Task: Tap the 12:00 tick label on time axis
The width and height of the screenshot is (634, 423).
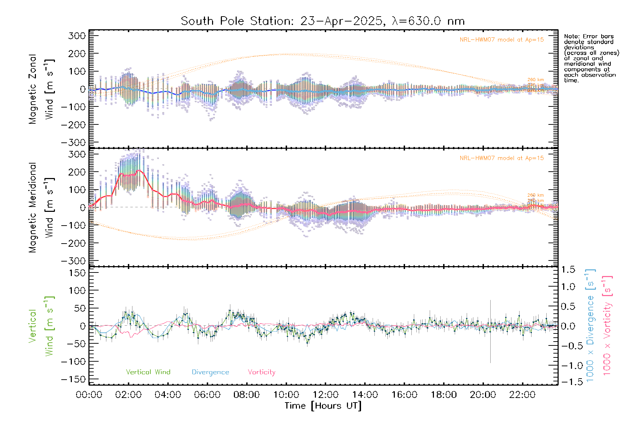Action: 325,395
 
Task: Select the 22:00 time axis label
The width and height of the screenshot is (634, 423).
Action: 522,395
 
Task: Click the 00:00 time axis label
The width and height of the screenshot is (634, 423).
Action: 89,395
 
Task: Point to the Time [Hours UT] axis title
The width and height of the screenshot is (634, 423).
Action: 323,406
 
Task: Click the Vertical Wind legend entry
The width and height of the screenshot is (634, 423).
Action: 148,372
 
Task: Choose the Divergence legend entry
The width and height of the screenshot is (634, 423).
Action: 210,372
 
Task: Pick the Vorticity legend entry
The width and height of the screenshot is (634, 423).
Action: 261,372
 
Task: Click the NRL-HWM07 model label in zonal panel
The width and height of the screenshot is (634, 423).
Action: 502,40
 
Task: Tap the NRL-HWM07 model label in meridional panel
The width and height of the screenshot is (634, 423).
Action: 502,158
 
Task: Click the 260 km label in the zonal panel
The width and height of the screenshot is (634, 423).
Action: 535,80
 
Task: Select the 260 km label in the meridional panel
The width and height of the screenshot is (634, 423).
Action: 535,195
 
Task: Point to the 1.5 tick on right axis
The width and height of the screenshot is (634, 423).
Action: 568,270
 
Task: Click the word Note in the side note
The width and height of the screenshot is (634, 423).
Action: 571,36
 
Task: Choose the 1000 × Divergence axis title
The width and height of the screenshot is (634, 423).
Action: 590,325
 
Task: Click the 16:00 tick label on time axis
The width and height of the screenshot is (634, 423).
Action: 404,395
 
